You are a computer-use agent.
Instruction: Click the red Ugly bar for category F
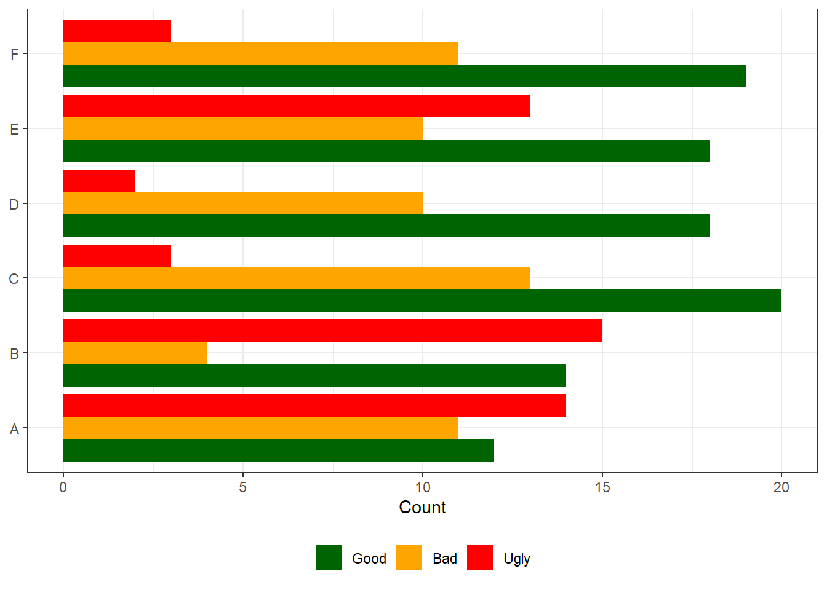click(x=117, y=31)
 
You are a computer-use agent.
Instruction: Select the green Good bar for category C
click(x=422, y=301)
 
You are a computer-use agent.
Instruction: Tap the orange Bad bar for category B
click(x=135, y=353)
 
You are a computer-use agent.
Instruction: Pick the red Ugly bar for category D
click(x=99, y=181)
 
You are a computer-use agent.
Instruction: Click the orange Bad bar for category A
click(x=260, y=428)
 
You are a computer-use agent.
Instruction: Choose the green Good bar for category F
click(x=404, y=76)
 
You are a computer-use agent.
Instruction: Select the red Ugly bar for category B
click(x=332, y=331)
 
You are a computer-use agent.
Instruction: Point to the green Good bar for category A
click(x=278, y=450)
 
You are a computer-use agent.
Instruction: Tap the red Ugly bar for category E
click(x=297, y=106)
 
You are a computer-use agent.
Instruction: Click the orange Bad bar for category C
click(x=297, y=278)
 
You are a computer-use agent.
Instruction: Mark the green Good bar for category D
click(x=386, y=226)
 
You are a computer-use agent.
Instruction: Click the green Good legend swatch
click(x=329, y=557)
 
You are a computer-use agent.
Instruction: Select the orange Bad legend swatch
click(x=409, y=557)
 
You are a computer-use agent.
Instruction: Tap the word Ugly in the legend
click(x=516, y=559)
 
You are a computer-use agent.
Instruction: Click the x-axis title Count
click(x=422, y=507)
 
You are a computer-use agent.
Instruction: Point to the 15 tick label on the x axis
click(x=602, y=487)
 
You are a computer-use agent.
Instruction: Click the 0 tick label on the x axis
click(x=63, y=487)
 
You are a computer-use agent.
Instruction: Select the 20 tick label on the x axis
click(x=781, y=487)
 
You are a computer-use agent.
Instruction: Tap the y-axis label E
click(x=14, y=129)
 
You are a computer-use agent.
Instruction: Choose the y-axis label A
click(x=14, y=428)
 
